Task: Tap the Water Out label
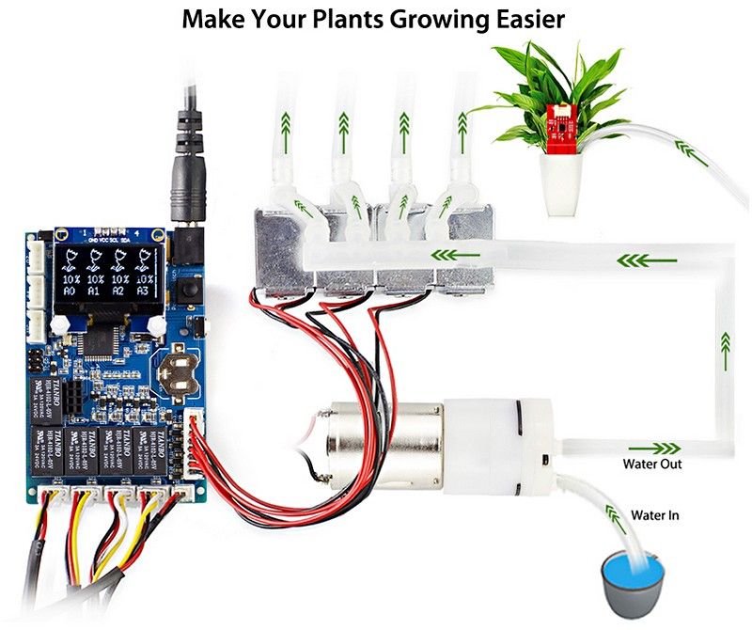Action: coord(652,465)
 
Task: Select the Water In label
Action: coord(654,515)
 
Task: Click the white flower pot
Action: coord(561,182)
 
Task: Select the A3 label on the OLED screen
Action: coord(143,291)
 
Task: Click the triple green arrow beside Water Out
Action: coord(663,448)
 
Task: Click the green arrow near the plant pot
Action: coord(694,150)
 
